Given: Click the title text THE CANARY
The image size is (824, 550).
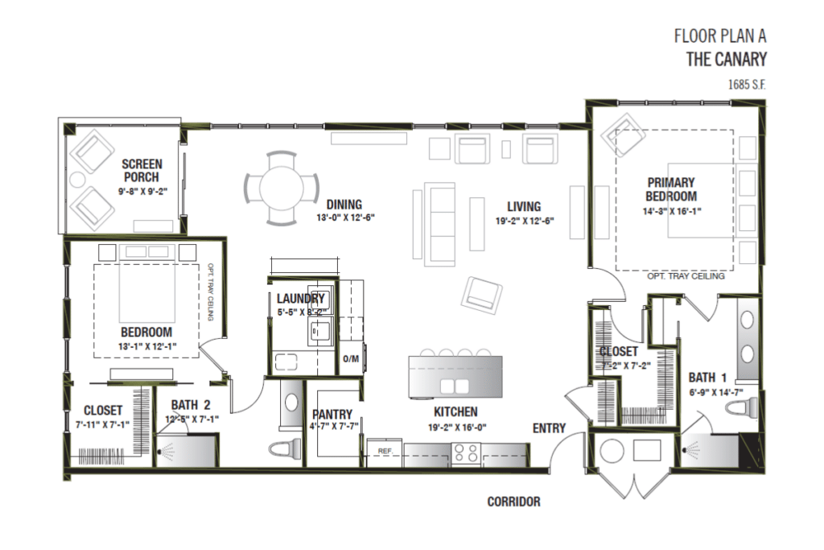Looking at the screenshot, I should pyautogui.click(x=726, y=58).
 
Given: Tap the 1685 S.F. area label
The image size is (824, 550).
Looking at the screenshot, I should pyautogui.click(x=748, y=83).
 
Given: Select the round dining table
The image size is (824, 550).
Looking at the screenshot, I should pyautogui.click(x=282, y=188).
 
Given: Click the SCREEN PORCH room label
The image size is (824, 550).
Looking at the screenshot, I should pyautogui.click(x=141, y=170).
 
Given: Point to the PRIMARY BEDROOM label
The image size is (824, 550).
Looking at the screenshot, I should pyautogui.click(x=670, y=189).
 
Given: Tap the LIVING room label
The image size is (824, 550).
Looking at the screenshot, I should pyautogui.click(x=524, y=206).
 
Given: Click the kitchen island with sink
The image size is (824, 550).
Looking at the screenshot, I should pyautogui.click(x=455, y=376).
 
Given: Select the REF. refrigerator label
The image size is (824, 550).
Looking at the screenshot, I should pyautogui.click(x=385, y=452).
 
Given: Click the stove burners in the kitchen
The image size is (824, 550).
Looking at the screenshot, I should pyautogui.click(x=465, y=455).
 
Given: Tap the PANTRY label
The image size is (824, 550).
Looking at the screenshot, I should pyautogui.click(x=333, y=415).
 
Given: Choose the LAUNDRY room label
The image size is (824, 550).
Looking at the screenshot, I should pyautogui.click(x=300, y=299).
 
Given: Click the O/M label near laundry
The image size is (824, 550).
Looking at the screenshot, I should pyautogui.click(x=350, y=359).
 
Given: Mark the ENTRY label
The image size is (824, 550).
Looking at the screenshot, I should pyautogui.click(x=549, y=428).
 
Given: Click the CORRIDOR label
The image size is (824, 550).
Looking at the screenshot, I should pyautogui.click(x=513, y=501).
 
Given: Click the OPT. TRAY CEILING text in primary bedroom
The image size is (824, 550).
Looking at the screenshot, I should pyautogui.click(x=686, y=275).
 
